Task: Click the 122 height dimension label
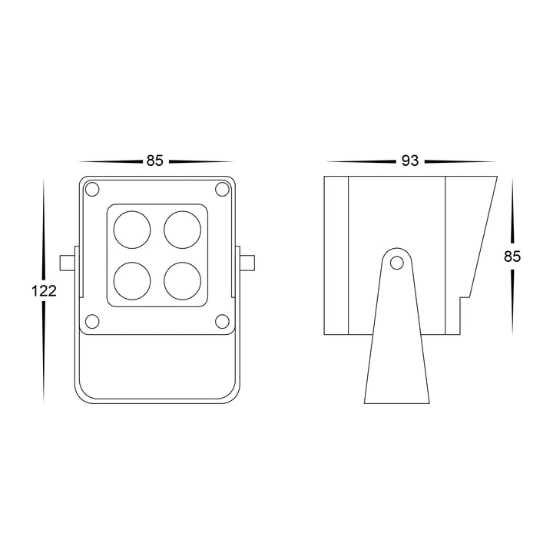pos(44,291)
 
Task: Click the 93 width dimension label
pos(410,161)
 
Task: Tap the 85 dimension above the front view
pos(155,161)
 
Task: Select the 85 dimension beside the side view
pos(512,257)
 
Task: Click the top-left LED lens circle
pos(132,230)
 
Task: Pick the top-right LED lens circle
pos(183,230)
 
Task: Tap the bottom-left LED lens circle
pos(132,281)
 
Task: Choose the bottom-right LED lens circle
pos(183,281)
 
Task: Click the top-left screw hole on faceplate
pos(92,190)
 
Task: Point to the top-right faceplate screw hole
pos(222,190)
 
